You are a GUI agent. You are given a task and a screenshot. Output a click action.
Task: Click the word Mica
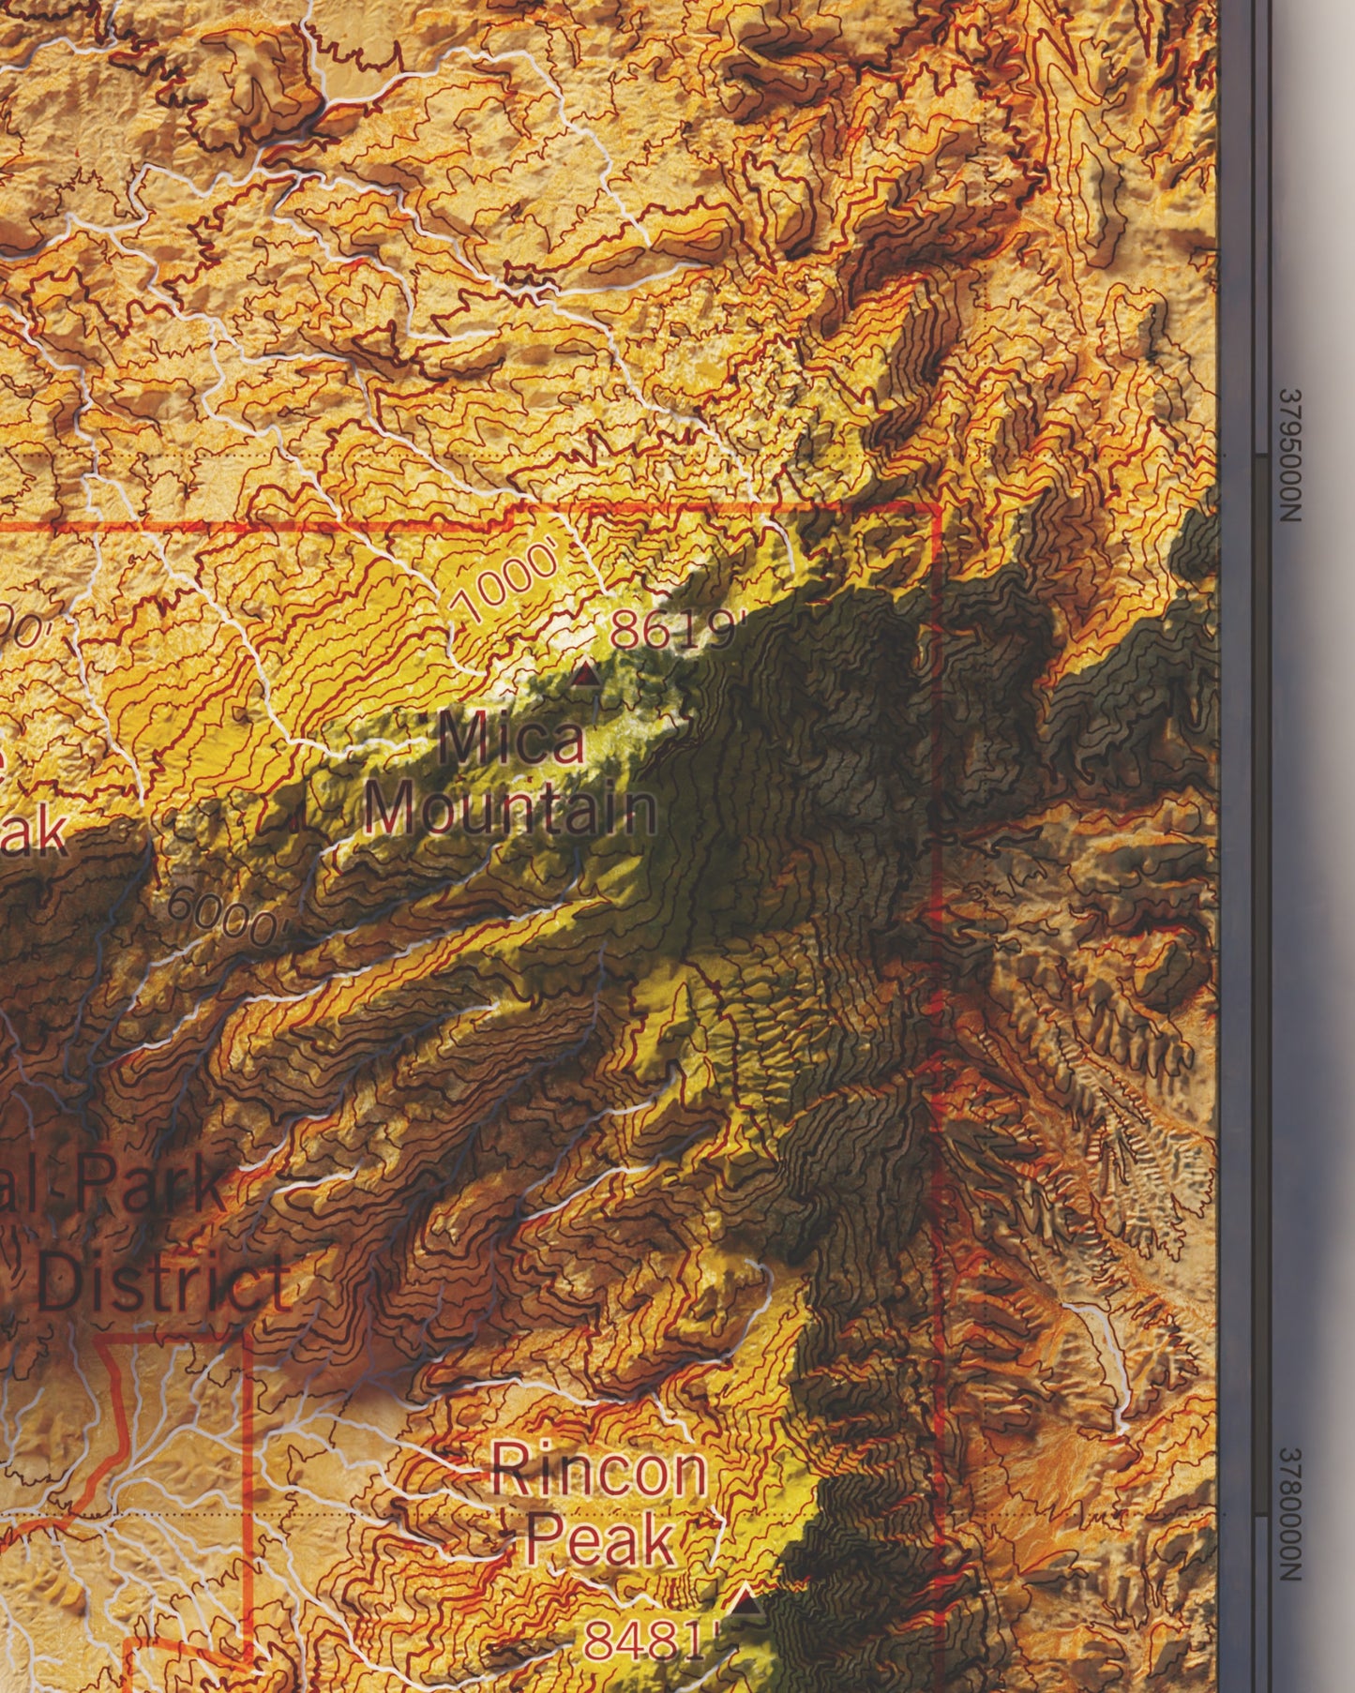click(511, 739)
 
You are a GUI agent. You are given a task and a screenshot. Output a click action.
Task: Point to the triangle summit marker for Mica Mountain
click(586, 673)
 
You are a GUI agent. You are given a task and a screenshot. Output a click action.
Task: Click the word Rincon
click(598, 1470)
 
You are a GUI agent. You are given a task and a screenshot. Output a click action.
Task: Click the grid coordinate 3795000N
click(1293, 457)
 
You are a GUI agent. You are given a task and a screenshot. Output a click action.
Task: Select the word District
click(163, 1286)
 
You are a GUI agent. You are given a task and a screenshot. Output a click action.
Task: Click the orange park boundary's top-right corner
click(938, 507)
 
